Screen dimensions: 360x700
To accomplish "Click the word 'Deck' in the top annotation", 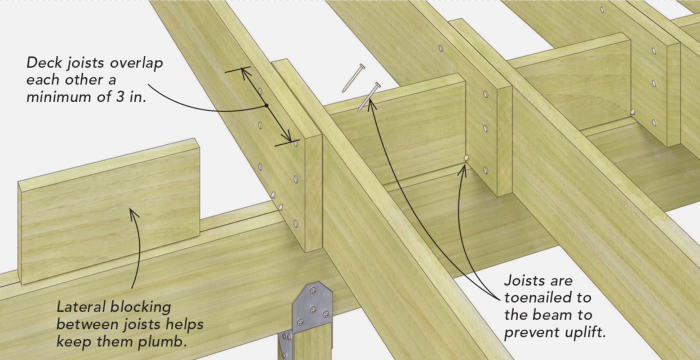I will [x=46, y=63].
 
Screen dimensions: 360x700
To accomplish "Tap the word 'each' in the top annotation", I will [x=44, y=82].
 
